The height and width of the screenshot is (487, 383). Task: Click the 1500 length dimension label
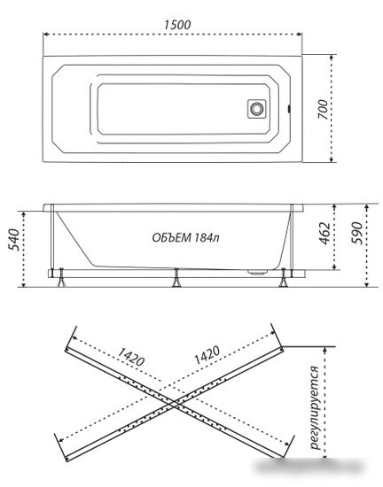tap(177, 25)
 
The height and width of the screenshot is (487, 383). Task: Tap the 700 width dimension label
tap(324, 109)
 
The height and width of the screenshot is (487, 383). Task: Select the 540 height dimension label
tap(14, 239)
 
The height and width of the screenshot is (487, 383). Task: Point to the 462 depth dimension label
tap(325, 233)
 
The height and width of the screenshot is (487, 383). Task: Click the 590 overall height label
tap(356, 233)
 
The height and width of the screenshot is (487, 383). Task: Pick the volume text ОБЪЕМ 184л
tap(185, 238)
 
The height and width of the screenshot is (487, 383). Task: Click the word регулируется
tap(316, 407)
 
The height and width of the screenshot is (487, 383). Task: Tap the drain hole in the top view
tap(257, 109)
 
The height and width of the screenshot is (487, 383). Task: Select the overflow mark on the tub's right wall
tap(289, 109)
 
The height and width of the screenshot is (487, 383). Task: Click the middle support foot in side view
tap(176, 278)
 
